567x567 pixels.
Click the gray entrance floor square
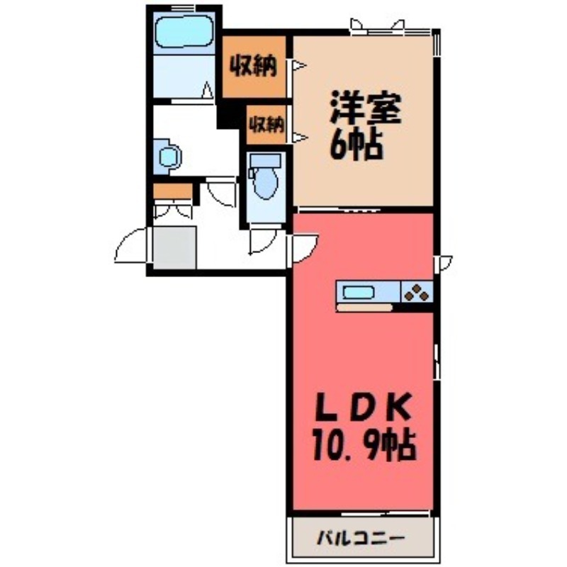(174, 247)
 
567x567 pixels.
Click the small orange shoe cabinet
(173, 191)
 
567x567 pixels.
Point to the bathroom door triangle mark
(208, 91)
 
